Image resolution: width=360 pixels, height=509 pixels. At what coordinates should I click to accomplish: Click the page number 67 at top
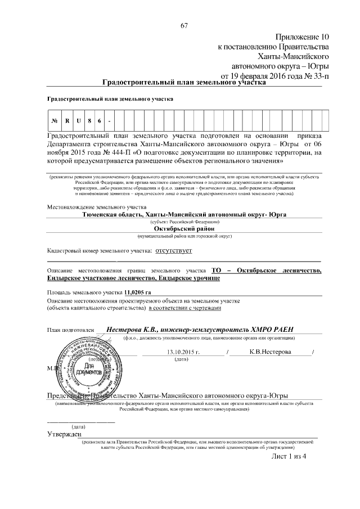(x=183, y=25)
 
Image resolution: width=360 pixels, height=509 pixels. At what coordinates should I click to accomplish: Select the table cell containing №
(x=55, y=121)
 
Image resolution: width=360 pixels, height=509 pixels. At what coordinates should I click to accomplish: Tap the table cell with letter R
(x=67, y=121)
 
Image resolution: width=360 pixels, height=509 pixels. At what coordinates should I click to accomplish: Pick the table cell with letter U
(x=79, y=121)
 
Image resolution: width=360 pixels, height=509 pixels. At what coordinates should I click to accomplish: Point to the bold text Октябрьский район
(x=184, y=229)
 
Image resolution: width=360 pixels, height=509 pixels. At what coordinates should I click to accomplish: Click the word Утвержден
(x=64, y=434)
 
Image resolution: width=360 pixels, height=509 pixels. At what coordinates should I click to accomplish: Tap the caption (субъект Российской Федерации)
(x=184, y=222)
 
